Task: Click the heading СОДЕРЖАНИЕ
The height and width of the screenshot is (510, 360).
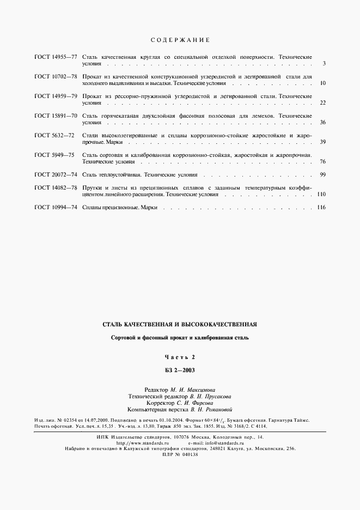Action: (179, 40)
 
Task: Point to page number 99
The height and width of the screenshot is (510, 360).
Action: (322, 174)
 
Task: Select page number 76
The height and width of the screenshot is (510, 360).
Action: (322, 161)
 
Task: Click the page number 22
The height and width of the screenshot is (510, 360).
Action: (322, 102)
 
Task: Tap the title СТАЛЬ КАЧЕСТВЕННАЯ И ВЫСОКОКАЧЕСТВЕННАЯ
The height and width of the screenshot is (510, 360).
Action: (180, 324)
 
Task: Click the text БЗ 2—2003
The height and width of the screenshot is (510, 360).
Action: (180, 369)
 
